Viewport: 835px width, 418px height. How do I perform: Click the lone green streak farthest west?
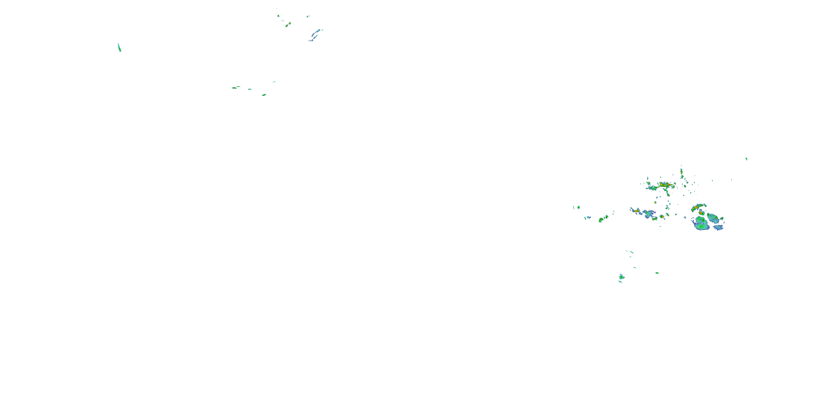pyautogui.click(x=119, y=48)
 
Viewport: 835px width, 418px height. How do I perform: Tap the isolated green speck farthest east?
pyautogui.click(x=746, y=159)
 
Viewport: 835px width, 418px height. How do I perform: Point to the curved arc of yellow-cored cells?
pyautogui.click(x=699, y=207)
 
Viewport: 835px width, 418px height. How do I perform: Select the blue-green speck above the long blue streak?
pyautogui.click(x=308, y=16)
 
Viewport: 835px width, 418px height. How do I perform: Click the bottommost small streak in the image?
pyautogui.click(x=620, y=282)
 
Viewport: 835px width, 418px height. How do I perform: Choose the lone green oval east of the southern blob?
pyautogui.click(x=657, y=273)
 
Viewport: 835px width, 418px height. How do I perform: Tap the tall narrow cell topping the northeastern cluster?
pyautogui.click(x=682, y=172)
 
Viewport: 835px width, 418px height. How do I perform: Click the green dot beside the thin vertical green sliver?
pyautogui.click(x=579, y=207)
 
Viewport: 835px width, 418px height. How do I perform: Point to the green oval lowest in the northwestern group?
pyautogui.click(x=264, y=95)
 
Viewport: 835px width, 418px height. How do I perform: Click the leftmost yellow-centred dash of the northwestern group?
pyautogui.click(x=234, y=88)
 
